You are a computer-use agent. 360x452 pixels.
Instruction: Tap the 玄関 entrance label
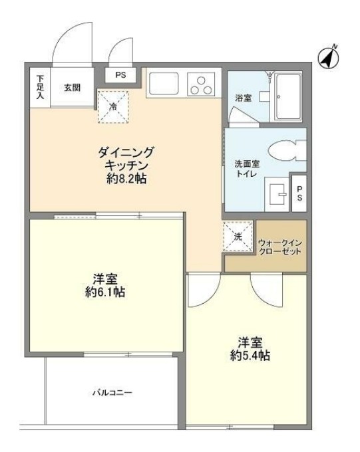73,87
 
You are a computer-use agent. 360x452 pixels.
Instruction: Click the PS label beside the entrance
120,75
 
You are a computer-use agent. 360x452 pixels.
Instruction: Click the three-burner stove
200,84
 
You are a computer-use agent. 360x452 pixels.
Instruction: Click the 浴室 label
243,98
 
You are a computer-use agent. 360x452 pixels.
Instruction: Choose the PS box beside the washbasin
299,193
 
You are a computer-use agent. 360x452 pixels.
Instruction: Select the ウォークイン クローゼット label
280,247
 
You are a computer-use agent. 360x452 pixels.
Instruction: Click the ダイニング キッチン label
126,158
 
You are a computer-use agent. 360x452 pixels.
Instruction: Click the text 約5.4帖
246,356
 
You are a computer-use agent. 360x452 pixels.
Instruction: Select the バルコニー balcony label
112,393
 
